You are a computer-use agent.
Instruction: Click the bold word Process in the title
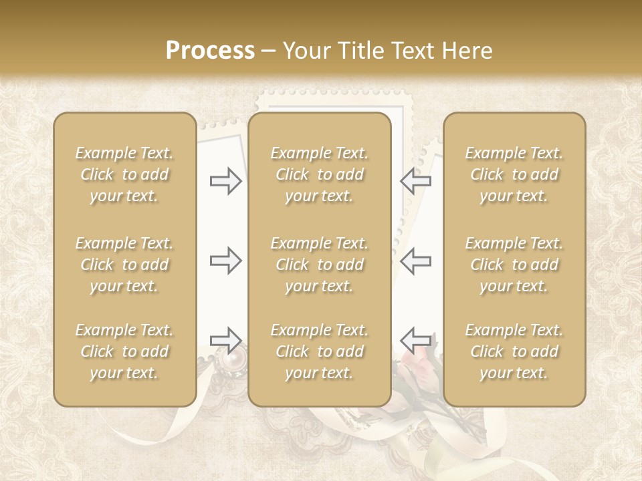click(210, 51)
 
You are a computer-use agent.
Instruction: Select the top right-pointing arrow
click(225, 180)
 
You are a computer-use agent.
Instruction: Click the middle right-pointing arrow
click(225, 261)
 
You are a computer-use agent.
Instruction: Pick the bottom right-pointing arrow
click(225, 340)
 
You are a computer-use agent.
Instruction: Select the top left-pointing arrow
click(416, 180)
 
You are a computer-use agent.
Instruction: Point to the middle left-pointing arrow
click(416, 261)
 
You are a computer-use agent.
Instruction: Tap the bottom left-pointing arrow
click(416, 340)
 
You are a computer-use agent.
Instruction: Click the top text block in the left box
click(124, 174)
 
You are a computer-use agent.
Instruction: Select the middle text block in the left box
click(124, 265)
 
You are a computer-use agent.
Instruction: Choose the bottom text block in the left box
click(124, 351)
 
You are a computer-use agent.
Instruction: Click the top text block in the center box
click(319, 174)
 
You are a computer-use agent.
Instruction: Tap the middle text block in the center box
click(319, 265)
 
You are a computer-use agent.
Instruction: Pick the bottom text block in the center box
click(319, 351)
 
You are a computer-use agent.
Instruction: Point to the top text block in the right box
click(514, 174)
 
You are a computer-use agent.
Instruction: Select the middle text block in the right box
click(514, 265)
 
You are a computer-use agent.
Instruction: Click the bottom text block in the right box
click(514, 351)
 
